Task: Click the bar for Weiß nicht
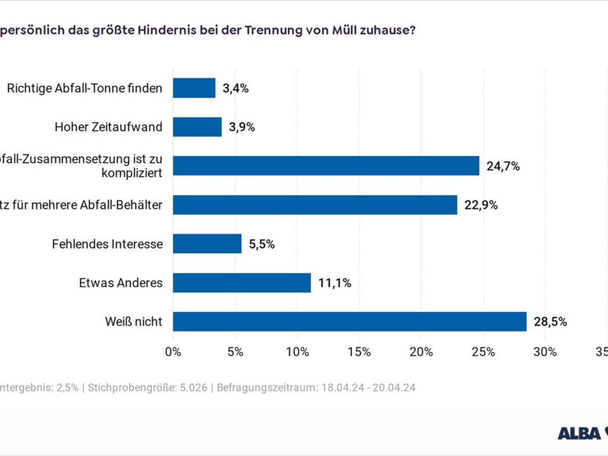(350, 322)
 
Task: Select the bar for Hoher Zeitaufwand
(197, 127)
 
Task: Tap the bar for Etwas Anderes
(242, 283)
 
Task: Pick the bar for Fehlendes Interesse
(207, 244)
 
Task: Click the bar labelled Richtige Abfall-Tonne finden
(194, 88)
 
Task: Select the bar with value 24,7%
(326, 166)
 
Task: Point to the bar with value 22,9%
(315, 205)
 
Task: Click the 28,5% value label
(550, 322)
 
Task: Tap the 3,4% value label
(236, 88)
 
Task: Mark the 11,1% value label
(335, 283)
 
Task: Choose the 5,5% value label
(261, 244)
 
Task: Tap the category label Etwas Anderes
(121, 283)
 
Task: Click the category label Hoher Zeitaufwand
(108, 127)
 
